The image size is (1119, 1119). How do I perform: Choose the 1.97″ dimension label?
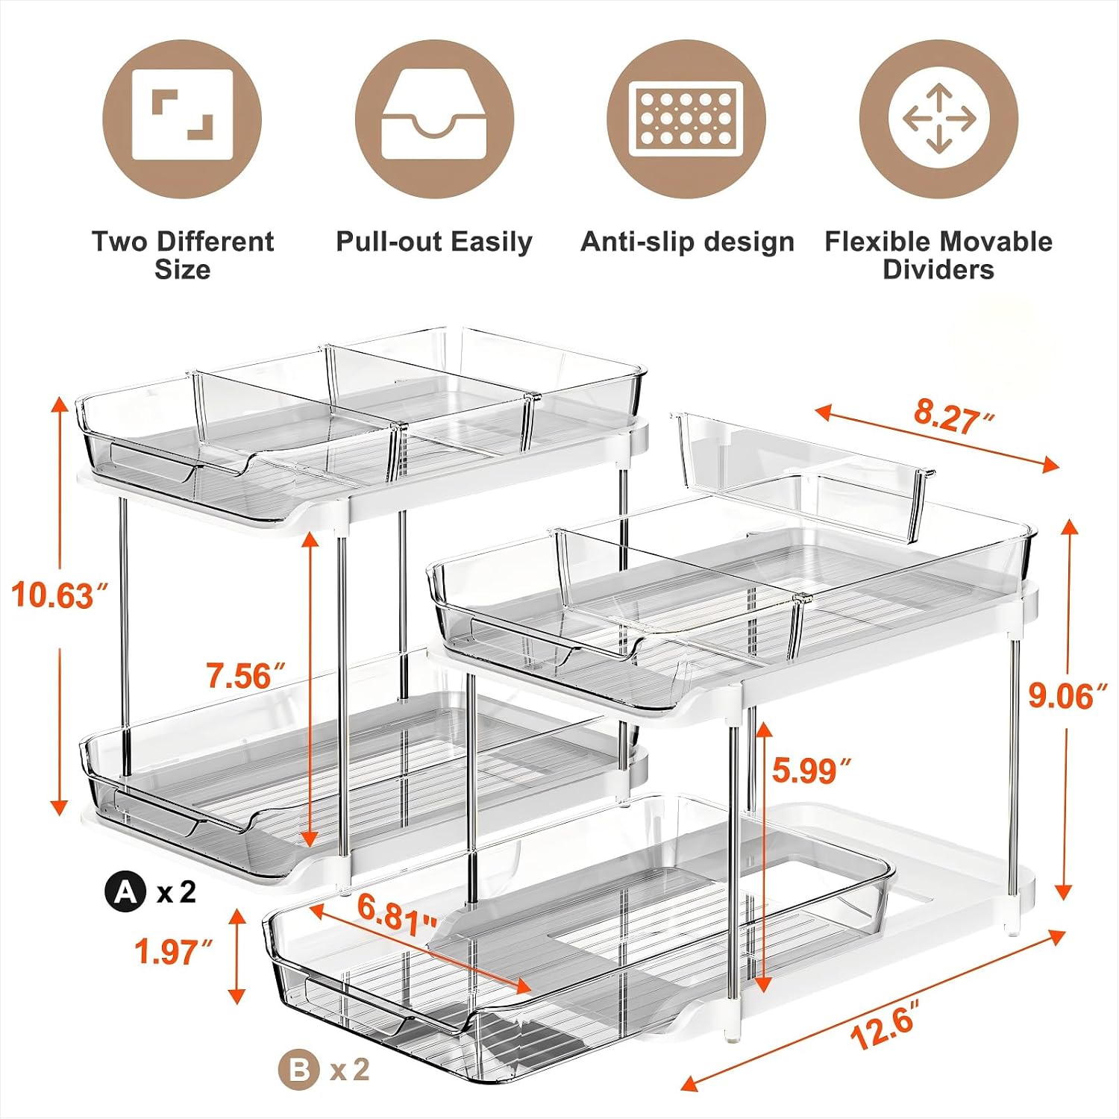[175, 952]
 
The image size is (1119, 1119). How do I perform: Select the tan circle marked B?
[298, 1071]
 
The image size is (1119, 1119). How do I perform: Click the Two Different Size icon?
[182, 119]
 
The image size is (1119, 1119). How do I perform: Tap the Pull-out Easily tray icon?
[434, 119]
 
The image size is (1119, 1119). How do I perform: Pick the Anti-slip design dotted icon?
[686, 119]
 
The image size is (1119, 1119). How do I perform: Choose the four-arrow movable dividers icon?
[938, 119]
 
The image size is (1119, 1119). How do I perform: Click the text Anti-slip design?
[687, 242]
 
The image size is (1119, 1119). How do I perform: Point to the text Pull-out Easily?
[434, 242]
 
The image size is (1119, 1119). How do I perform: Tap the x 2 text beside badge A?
[177, 891]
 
